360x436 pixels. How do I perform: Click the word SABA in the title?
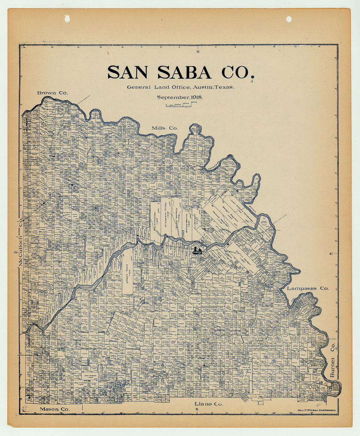pyautogui.click(x=184, y=72)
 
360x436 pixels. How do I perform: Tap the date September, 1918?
pyautogui.click(x=180, y=97)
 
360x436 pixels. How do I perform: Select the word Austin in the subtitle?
pyautogui.click(x=203, y=87)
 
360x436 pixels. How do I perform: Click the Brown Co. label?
pyautogui.click(x=52, y=93)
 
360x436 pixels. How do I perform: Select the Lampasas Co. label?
pyautogui.click(x=308, y=288)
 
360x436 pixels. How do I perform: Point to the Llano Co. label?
pyautogui.click(x=209, y=404)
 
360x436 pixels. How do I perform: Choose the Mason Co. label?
pyautogui.click(x=55, y=409)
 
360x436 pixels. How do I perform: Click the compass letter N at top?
pyautogui.click(x=198, y=52)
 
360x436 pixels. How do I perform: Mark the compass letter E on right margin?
pyautogui.click(x=331, y=254)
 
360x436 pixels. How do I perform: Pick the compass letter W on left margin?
pyautogui.click(x=16, y=252)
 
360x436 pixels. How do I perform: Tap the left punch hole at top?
pyautogui.click(x=67, y=19)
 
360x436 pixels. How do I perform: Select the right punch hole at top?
pyautogui.click(x=289, y=19)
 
